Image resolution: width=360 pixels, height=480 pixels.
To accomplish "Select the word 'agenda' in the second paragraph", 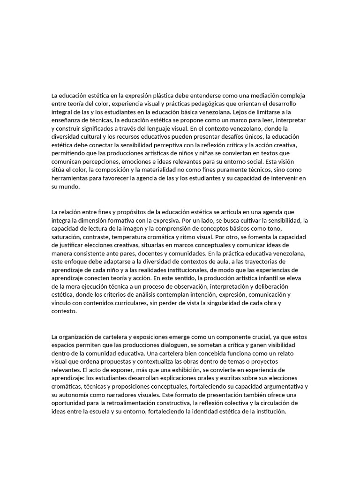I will (x=277, y=212).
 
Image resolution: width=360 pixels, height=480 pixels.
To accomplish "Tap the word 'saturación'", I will (x=66, y=237).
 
